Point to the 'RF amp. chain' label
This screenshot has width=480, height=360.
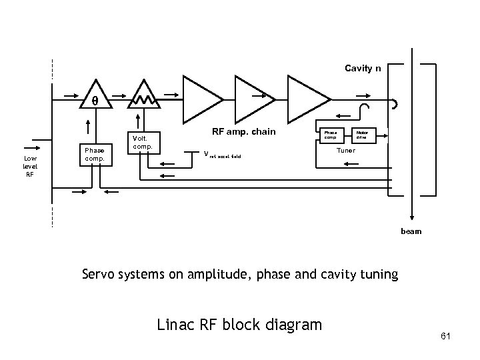tap(243, 131)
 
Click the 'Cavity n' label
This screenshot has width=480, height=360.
tap(363, 68)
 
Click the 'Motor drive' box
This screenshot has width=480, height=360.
tap(362, 135)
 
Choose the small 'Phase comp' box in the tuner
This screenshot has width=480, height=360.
tap(329, 135)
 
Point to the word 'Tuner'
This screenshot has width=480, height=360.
tap(345, 151)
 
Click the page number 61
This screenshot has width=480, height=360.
tap(446, 336)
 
